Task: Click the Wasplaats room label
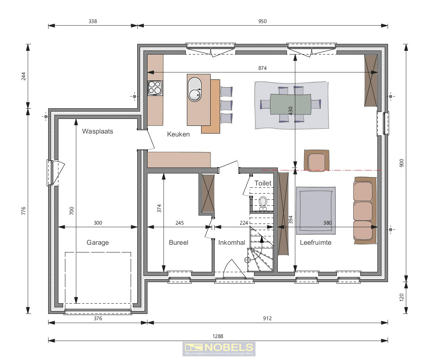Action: [97, 131]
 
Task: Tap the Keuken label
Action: [178, 134]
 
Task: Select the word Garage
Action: [97, 243]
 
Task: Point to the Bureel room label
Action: [178, 243]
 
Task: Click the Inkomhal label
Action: [231, 243]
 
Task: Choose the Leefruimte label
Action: [315, 243]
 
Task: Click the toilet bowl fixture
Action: [263, 202]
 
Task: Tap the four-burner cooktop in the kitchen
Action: [155, 88]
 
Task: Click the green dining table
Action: [291, 104]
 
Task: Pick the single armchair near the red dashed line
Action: [316, 161]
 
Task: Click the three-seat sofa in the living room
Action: [364, 210]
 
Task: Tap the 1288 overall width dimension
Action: [218, 336]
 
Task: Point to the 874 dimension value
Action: [262, 68]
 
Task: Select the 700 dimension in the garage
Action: [72, 211]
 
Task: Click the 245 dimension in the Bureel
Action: [179, 223]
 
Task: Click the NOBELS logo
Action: [219, 349]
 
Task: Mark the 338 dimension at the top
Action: [93, 21]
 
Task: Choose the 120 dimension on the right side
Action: [401, 297]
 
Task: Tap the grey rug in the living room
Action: [315, 210]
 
